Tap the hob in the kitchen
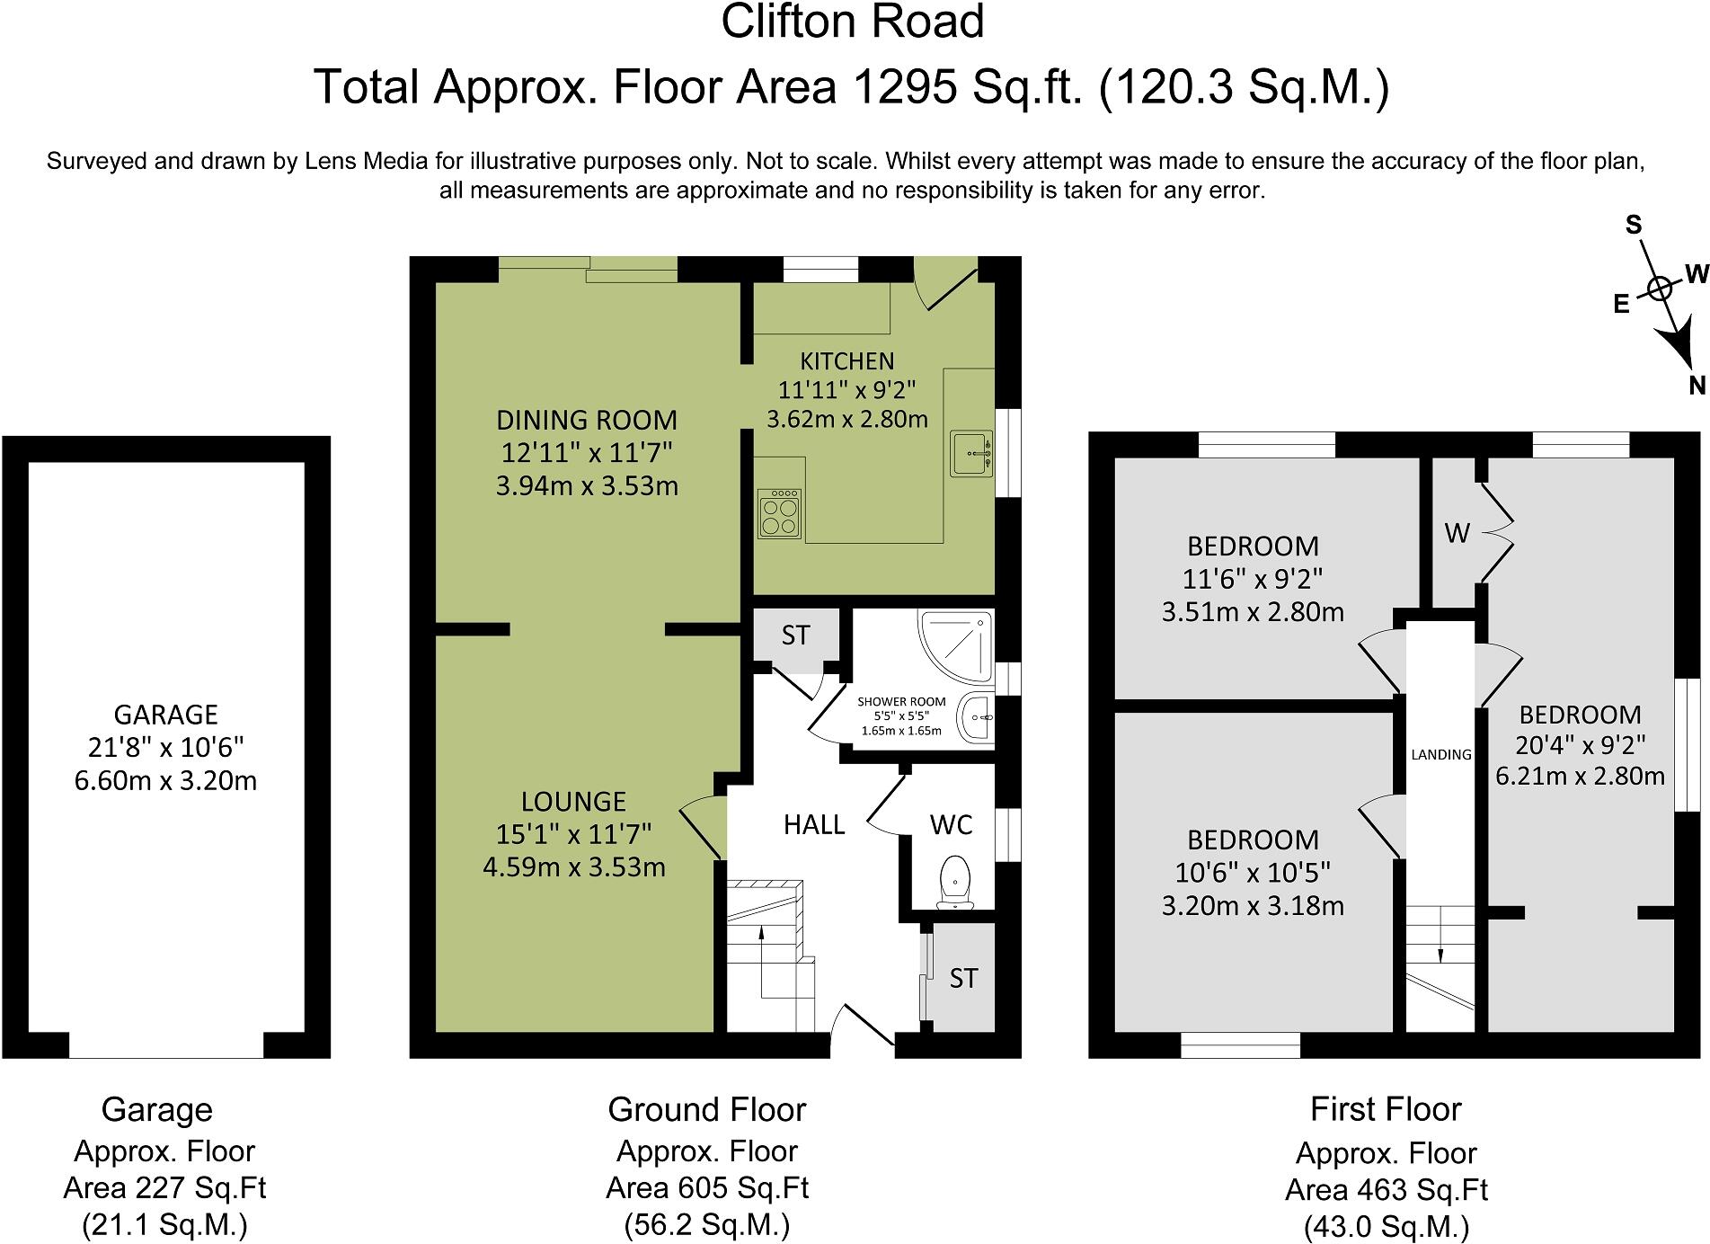(x=779, y=514)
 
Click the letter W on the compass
(x=1696, y=274)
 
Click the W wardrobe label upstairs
(x=1457, y=534)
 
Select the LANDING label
(x=1441, y=755)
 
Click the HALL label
(x=814, y=825)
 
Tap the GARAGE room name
(x=166, y=715)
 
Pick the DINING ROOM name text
(x=587, y=420)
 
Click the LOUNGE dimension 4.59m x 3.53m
(x=574, y=867)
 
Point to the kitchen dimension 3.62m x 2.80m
(x=847, y=419)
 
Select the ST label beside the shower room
(x=795, y=635)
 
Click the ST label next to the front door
(x=963, y=978)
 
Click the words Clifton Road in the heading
(x=853, y=22)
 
